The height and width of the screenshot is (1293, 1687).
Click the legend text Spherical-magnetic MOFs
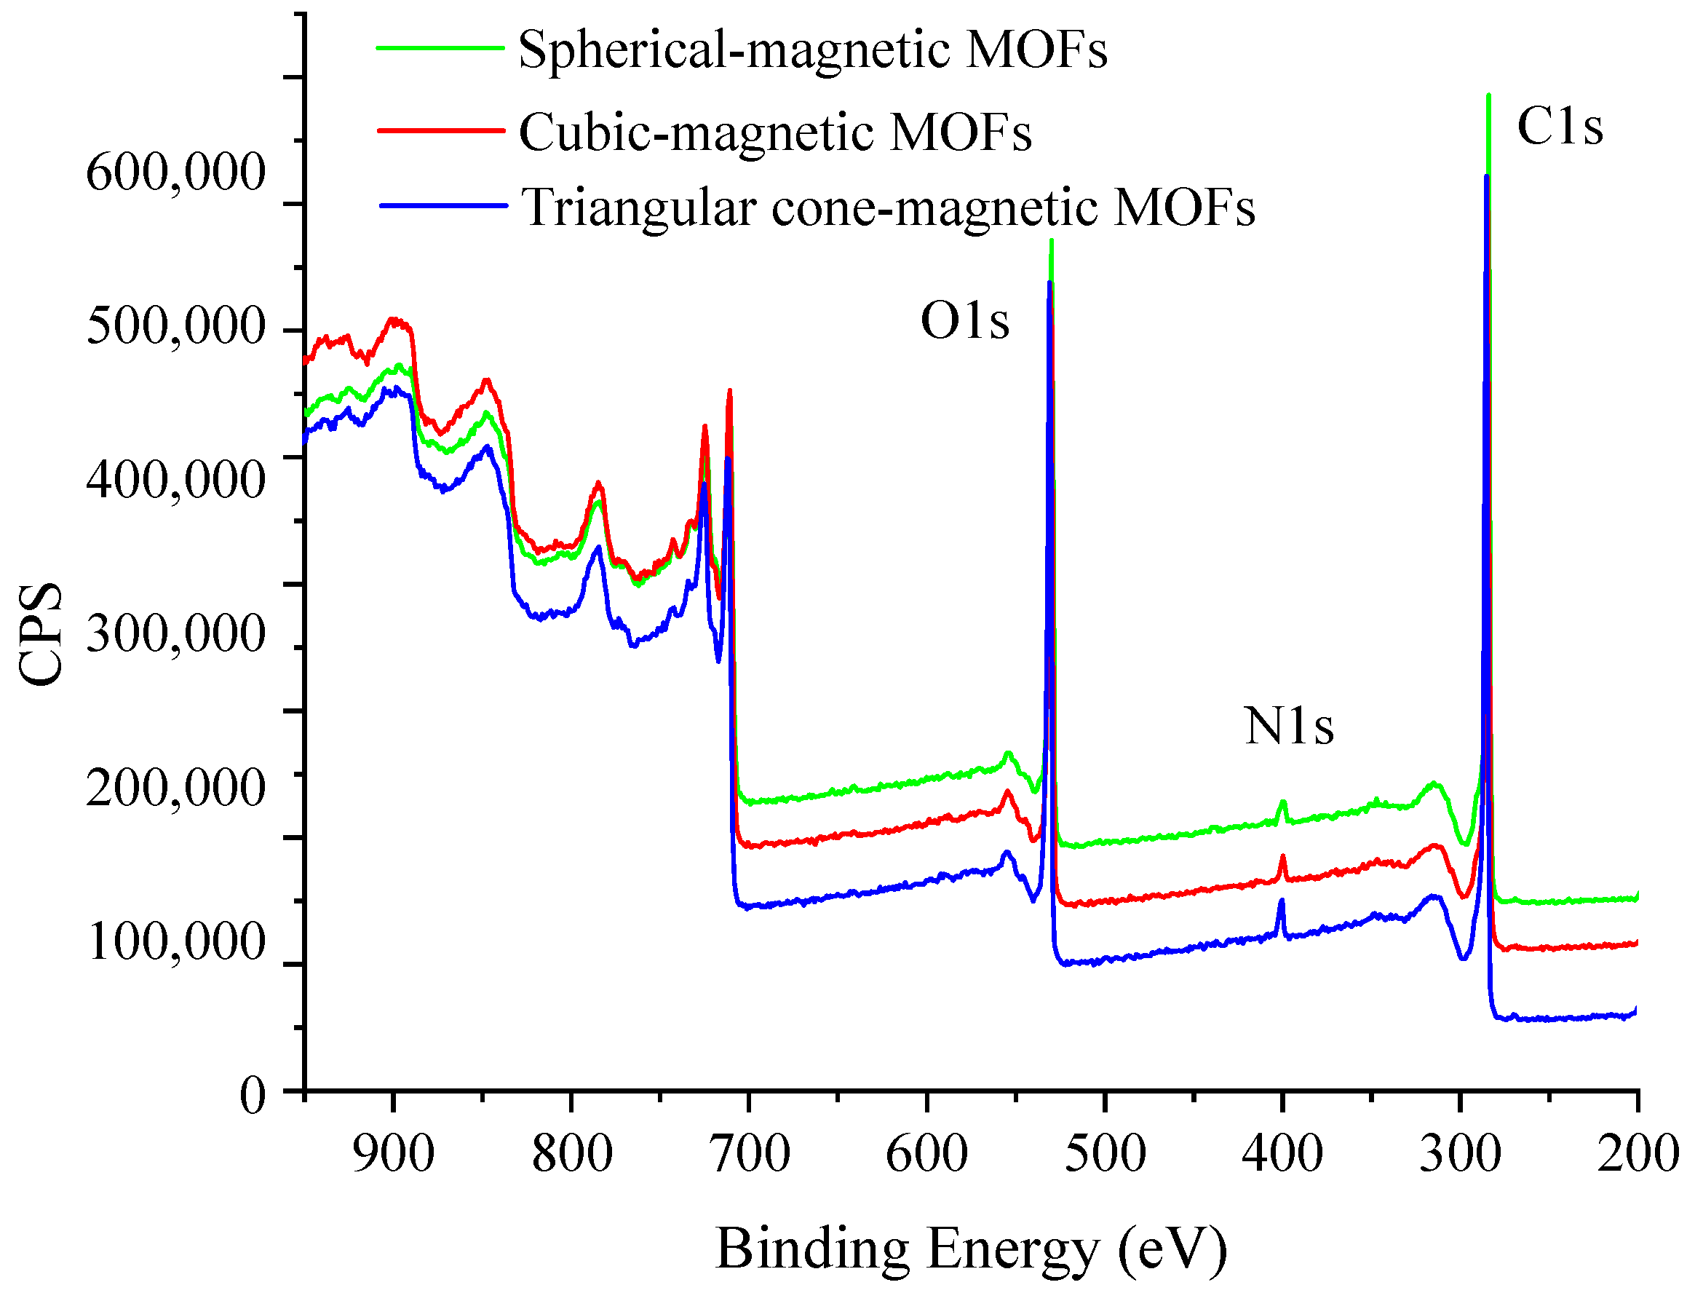[x=812, y=51]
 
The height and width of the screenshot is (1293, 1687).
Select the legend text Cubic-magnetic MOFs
[x=774, y=133]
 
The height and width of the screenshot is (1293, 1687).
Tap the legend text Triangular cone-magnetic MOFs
[x=888, y=207]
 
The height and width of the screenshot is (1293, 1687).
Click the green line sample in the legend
[x=440, y=48]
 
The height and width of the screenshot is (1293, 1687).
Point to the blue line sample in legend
[x=443, y=205]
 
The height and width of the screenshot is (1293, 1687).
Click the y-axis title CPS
[x=40, y=633]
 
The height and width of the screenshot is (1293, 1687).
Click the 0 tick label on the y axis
[x=253, y=1094]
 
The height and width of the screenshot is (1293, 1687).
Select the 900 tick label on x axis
[x=393, y=1155]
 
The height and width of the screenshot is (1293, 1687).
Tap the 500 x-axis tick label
[x=1105, y=1155]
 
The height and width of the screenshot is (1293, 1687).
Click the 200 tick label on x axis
[x=1637, y=1155]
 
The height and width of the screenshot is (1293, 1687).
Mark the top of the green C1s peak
[x=1488, y=96]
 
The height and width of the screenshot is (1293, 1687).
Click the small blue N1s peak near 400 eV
[x=1281, y=902]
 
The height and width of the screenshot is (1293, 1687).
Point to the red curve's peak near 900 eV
[x=394, y=320]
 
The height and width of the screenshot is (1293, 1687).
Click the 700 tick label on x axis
[x=750, y=1155]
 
